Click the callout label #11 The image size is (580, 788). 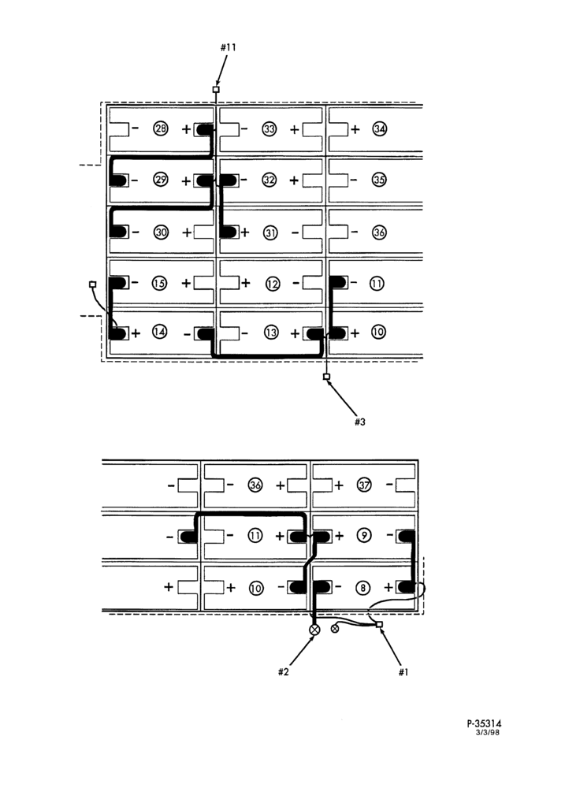pyautogui.click(x=229, y=47)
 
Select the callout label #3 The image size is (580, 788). pyautogui.click(x=360, y=422)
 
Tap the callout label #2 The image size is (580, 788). pyautogui.click(x=284, y=672)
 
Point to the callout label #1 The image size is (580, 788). pyautogui.click(x=403, y=672)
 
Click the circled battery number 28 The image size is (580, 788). pyautogui.click(x=161, y=129)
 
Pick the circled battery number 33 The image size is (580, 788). pyautogui.click(x=270, y=129)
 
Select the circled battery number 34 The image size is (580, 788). pyautogui.click(x=380, y=129)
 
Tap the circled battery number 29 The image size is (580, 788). pyautogui.click(x=161, y=180)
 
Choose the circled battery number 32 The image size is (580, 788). pyautogui.click(x=270, y=180)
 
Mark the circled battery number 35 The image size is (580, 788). pyautogui.click(x=380, y=180)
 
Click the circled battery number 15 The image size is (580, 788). pyautogui.click(x=159, y=283)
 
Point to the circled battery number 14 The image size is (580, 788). pyautogui.click(x=159, y=333)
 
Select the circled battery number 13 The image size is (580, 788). pyautogui.click(x=271, y=333)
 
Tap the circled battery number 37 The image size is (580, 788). pyautogui.click(x=364, y=485)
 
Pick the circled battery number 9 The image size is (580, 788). pyautogui.click(x=364, y=536)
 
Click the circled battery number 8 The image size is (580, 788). pyautogui.click(x=364, y=588)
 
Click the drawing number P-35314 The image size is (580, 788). pyautogui.click(x=484, y=723)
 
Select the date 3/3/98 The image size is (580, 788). pyautogui.click(x=488, y=732)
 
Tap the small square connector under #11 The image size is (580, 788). pyautogui.click(x=216, y=90)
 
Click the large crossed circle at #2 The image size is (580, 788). pyautogui.click(x=314, y=629)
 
